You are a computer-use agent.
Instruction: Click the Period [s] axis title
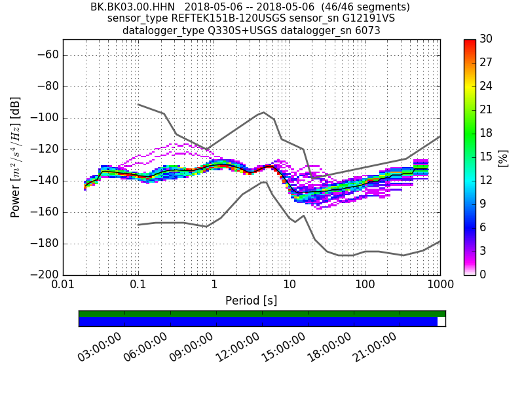[x=251, y=301]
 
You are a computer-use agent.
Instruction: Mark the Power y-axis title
[x=16, y=157]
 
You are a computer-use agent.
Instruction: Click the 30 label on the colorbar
[x=486, y=39]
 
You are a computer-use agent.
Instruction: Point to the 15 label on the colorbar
[x=486, y=157]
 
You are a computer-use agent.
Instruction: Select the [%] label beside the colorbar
[x=503, y=157]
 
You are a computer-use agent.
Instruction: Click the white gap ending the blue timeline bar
[x=441, y=322]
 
